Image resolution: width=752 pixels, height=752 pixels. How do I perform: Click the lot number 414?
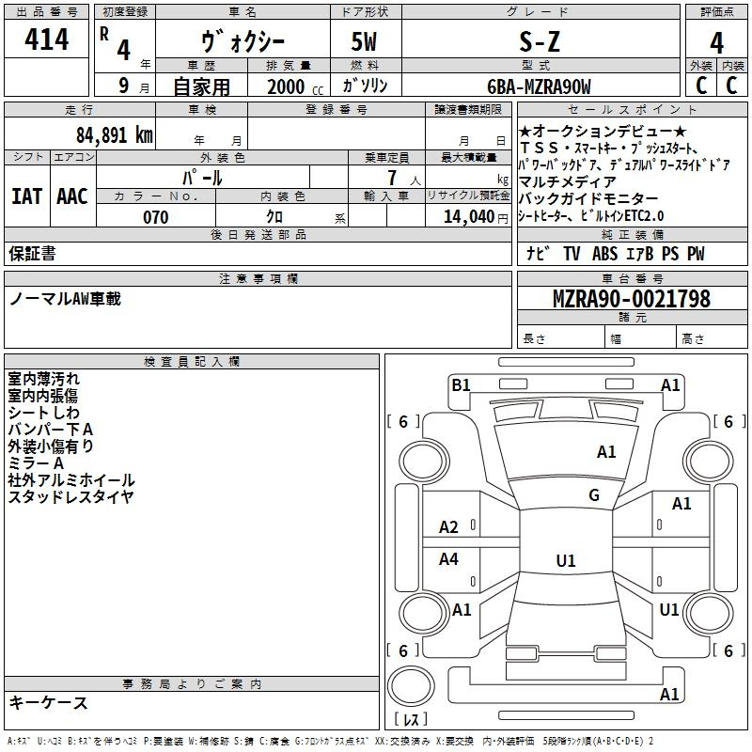pos(46,39)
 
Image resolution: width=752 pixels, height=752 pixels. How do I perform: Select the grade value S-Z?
pos(540,41)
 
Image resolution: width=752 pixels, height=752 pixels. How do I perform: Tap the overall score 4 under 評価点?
pos(716,43)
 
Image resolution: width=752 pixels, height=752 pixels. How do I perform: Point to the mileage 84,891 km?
pos(115,135)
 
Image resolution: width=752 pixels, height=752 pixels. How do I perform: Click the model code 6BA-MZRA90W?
pos(539,86)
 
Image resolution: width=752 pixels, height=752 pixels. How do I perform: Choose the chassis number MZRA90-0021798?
pos(632,299)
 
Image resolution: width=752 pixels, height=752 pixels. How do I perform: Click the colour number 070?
pos(156,217)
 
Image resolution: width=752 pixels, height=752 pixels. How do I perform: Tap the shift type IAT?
pos(27,196)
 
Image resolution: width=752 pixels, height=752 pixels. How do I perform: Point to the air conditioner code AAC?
pos(72,196)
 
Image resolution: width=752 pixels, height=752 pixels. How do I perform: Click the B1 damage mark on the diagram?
pos(461,384)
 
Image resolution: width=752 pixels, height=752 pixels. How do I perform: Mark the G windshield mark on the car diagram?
pos(594,495)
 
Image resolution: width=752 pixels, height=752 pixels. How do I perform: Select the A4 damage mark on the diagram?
pos(448,558)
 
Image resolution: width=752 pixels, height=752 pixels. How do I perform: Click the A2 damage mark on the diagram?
pos(448,527)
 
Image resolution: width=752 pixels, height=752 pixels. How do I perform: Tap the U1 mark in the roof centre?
pos(566,560)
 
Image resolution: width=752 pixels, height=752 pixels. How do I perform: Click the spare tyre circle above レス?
pos(411,686)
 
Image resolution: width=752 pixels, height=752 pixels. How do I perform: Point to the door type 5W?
pos(364,41)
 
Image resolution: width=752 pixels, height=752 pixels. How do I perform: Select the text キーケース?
pos(49,702)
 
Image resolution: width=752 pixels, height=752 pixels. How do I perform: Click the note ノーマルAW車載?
pos(65,299)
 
